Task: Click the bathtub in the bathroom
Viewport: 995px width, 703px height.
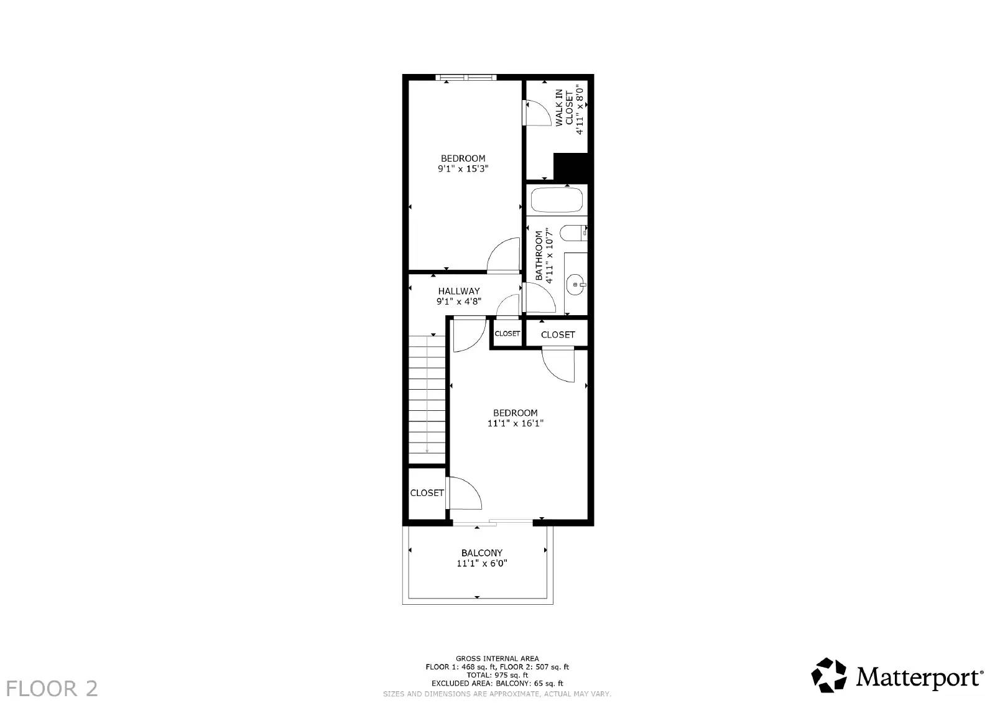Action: pos(557,200)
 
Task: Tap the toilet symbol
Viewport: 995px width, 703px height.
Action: pos(573,233)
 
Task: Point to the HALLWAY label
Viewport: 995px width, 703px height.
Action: pos(459,291)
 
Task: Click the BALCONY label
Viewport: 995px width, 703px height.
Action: pos(482,553)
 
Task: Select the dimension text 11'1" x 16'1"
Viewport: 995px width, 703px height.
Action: pos(516,423)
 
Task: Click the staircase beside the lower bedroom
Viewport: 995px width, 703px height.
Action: pos(427,398)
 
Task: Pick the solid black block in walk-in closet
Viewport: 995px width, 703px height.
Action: pos(570,167)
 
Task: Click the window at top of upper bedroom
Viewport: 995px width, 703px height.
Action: pos(466,78)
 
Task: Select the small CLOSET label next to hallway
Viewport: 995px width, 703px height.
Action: pos(507,334)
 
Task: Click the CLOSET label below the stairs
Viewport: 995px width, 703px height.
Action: pos(427,493)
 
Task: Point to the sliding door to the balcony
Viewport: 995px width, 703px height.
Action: pos(492,522)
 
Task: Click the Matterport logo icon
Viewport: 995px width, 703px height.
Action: pos(829,675)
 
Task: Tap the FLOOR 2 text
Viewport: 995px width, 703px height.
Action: pos(53,688)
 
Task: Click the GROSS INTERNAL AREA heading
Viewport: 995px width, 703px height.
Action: pos(497,658)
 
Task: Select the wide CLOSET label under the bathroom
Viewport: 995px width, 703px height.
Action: pos(558,334)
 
